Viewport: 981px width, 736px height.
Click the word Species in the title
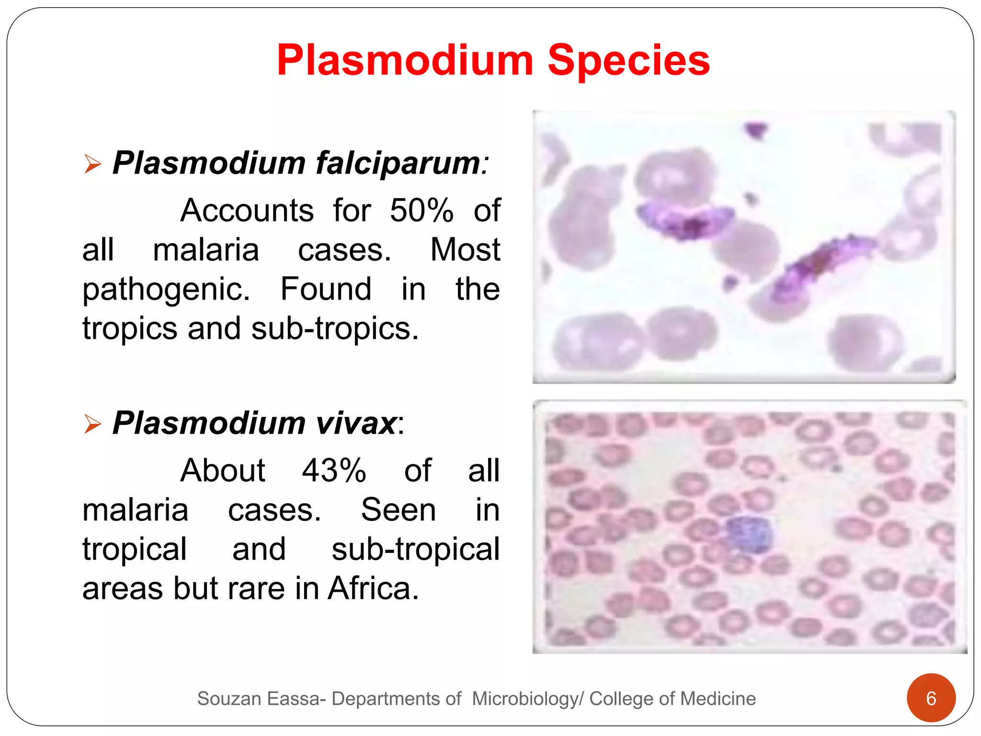[628, 61]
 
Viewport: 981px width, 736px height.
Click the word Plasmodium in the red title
[405, 61]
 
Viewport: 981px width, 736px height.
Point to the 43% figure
[334, 471]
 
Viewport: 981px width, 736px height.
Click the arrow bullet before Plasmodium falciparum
[92, 164]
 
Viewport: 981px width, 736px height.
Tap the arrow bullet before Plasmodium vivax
[92, 424]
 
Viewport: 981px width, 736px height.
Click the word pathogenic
[166, 290]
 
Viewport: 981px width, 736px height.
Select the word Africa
[373, 588]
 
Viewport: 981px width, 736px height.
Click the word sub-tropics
[335, 329]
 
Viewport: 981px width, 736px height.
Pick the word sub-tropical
[415, 549]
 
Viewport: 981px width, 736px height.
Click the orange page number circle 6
[931, 698]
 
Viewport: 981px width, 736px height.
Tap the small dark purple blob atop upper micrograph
[756, 129]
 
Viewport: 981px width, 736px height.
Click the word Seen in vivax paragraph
[398, 510]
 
